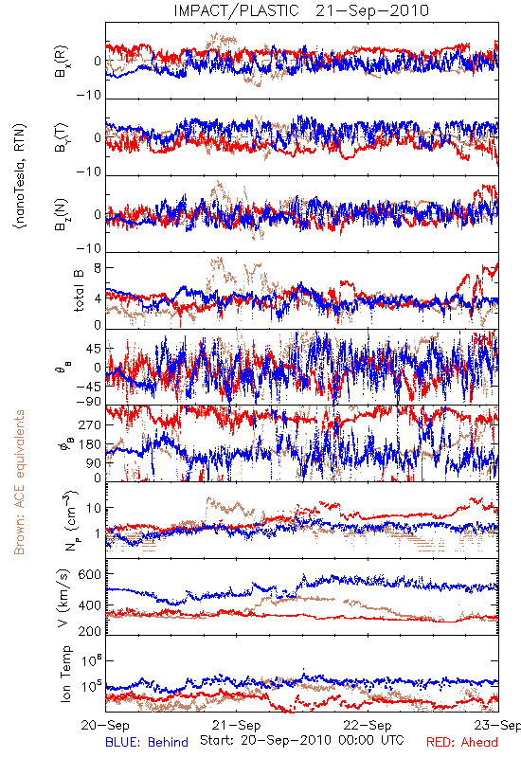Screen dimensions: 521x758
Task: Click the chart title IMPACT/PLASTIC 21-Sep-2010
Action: pos(301,10)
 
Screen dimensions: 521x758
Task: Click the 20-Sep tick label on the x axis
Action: pos(105,726)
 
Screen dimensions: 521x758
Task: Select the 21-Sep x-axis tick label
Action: pos(236,726)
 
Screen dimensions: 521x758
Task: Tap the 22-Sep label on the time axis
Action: pos(368,726)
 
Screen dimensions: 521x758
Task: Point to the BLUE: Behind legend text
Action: pos(147,742)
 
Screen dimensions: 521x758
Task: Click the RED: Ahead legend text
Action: pos(461,742)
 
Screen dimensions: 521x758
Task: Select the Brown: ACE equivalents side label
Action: pos(19,482)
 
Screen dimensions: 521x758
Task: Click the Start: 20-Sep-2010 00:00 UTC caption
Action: pos(302,740)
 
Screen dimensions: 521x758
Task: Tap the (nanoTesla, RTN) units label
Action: pos(20,176)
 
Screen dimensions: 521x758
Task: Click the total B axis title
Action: pos(79,291)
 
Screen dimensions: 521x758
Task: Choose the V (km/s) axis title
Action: pos(63,598)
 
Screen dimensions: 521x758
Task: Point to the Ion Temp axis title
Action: pos(65,674)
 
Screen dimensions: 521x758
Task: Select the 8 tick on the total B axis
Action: pos(98,268)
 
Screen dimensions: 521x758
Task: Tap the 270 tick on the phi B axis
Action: pos(90,424)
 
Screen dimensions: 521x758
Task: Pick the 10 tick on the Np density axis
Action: pos(93,508)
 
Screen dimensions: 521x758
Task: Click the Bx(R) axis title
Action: pos(62,62)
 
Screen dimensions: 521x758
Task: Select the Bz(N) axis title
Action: pos(62,214)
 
